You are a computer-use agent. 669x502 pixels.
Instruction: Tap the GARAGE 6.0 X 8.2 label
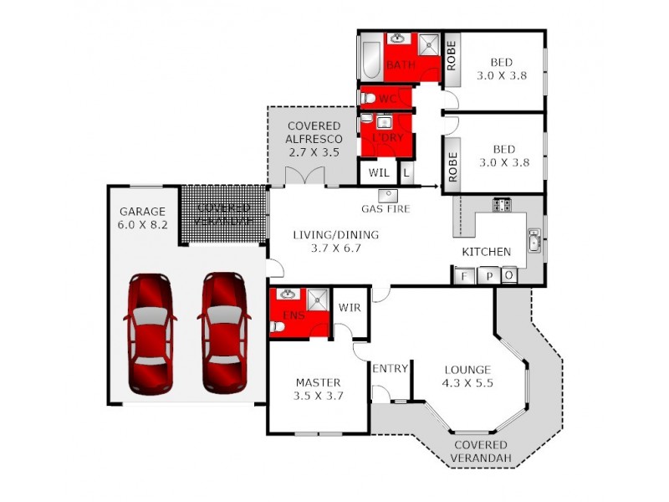coord(142,218)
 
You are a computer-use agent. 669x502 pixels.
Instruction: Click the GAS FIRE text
coord(386,208)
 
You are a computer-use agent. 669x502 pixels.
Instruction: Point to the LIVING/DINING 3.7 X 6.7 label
coord(334,241)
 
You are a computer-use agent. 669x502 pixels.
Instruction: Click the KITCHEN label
coord(486,251)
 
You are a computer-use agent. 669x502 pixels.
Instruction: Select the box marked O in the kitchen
coord(508,276)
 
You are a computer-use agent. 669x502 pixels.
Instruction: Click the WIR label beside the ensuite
coord(350,308)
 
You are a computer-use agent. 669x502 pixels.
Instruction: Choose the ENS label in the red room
coord(291,315)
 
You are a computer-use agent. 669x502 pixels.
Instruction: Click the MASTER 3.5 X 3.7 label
coord(318,389)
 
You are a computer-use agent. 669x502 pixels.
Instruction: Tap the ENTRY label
coord(390,369)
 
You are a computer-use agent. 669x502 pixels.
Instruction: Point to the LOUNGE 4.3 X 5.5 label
coord(467,376)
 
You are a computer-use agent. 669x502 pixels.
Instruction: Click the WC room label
coord(387,99)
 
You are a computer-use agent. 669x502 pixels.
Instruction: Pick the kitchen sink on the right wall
coord(533,243)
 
